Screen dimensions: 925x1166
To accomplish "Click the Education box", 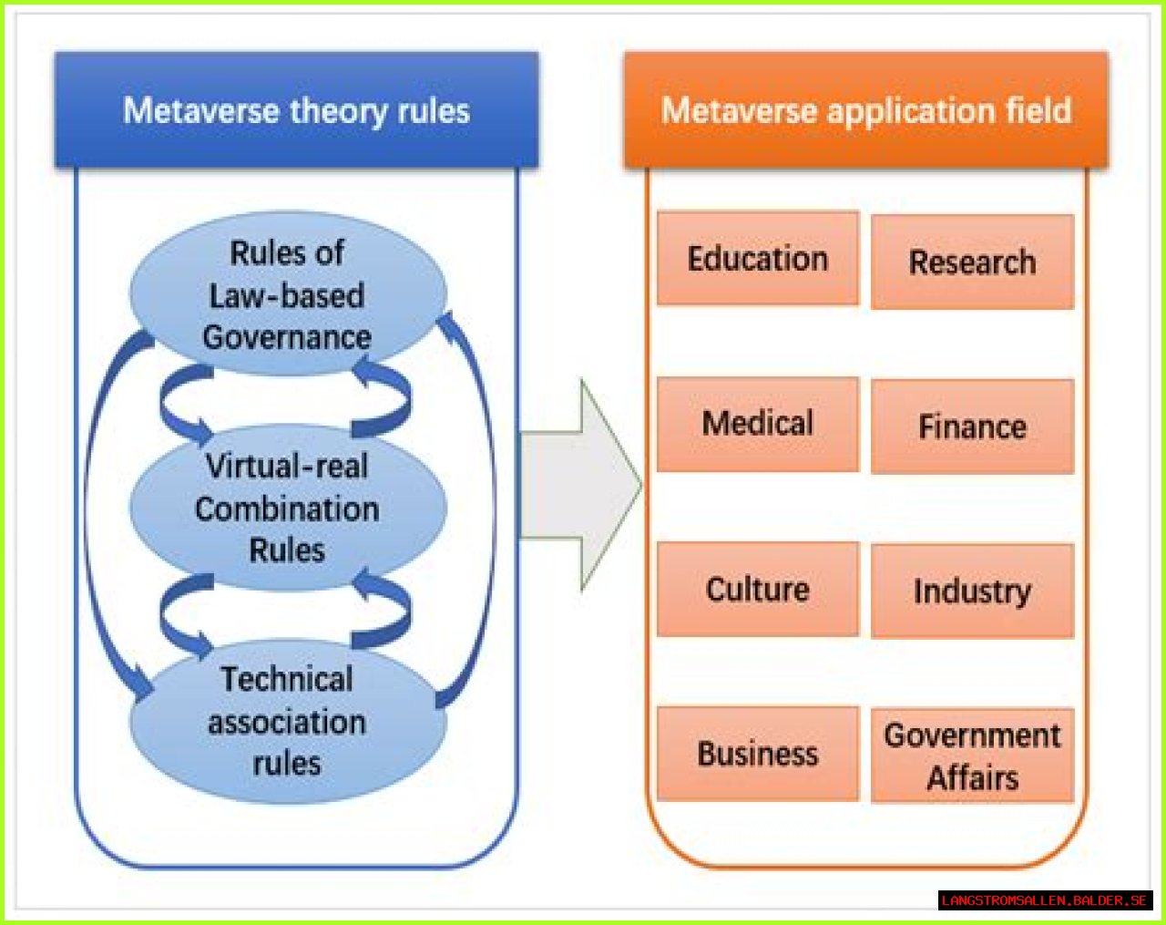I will coord(757,259).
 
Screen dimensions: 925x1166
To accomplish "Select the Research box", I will coord(972,262).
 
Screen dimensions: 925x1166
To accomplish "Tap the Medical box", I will coord(757,424).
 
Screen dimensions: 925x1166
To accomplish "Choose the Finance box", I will coord(972,427).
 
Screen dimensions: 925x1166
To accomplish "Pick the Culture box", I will coord(757,590).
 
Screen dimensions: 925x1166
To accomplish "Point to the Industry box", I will coord(972,591).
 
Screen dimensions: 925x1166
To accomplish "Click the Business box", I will coord(757,755).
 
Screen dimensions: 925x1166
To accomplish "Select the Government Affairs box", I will coord(972,756).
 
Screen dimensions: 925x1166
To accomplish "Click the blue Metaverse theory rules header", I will coord(296,111).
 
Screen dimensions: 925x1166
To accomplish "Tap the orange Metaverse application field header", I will coord(865,111).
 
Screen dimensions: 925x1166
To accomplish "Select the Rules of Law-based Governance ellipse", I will coord(287,294).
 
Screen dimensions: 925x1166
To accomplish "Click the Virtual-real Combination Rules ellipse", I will coord(287,508).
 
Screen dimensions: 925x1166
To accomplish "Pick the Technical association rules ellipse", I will coord(287,721).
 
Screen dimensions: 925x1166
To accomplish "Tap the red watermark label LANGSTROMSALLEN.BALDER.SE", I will coord(1044,900).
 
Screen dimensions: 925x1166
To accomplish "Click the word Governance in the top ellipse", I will coord(287,337).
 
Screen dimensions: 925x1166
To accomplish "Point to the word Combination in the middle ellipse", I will coord(287,509).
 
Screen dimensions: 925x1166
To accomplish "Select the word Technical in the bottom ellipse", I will coord(287,679).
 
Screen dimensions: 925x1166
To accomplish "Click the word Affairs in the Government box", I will coord(972,778).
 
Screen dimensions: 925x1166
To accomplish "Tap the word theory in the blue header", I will coord(338,111).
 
